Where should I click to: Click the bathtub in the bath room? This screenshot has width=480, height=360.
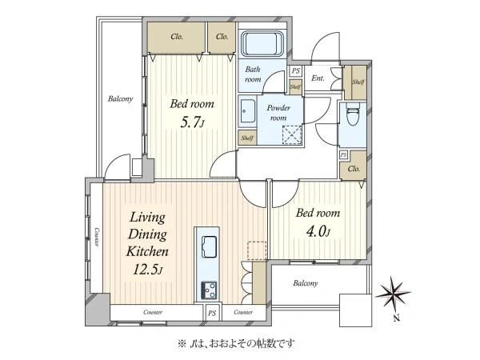tap(262, 44)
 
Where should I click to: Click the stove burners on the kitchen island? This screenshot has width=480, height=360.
tap(208, 290)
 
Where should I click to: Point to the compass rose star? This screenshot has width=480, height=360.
tap(393, 292)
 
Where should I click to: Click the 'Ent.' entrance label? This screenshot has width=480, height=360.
tap(318, 78)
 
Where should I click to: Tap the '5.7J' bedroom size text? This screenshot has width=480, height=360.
tap(192, 123)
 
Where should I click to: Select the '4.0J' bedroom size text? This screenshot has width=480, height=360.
tap(318, 232)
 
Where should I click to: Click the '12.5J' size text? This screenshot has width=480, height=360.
tap(147, 270)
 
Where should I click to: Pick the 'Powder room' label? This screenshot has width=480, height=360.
tap(278, 113)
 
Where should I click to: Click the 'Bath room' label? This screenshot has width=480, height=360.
tap(253, 74)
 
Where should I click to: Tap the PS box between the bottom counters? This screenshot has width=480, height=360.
tap(212, 313)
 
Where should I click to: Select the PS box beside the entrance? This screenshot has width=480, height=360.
tap(295, 71)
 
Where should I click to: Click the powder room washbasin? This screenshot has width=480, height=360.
tap(246, 111)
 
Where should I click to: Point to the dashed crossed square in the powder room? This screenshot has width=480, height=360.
tap(292, 134)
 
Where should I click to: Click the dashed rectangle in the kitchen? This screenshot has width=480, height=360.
tap(257, 251)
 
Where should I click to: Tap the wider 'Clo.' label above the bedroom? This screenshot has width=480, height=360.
tap(177, 37)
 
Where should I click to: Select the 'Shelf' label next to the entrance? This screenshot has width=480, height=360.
tap(358, 82)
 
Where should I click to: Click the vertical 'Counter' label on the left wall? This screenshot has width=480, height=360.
tap(97, 237)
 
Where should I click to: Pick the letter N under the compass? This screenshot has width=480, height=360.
tap(397, 318)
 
